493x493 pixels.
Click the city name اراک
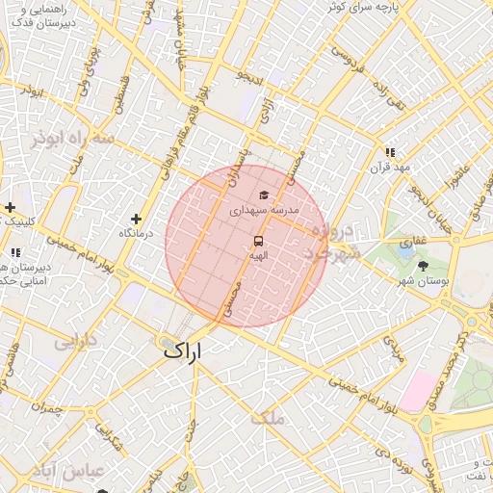[184, 350]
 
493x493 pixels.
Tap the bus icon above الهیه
[258, 241]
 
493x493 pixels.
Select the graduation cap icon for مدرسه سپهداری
[264, 195]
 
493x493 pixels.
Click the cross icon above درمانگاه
[136, 220]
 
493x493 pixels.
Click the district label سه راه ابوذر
[71, 139]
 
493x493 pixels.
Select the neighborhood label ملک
[268, 418]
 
